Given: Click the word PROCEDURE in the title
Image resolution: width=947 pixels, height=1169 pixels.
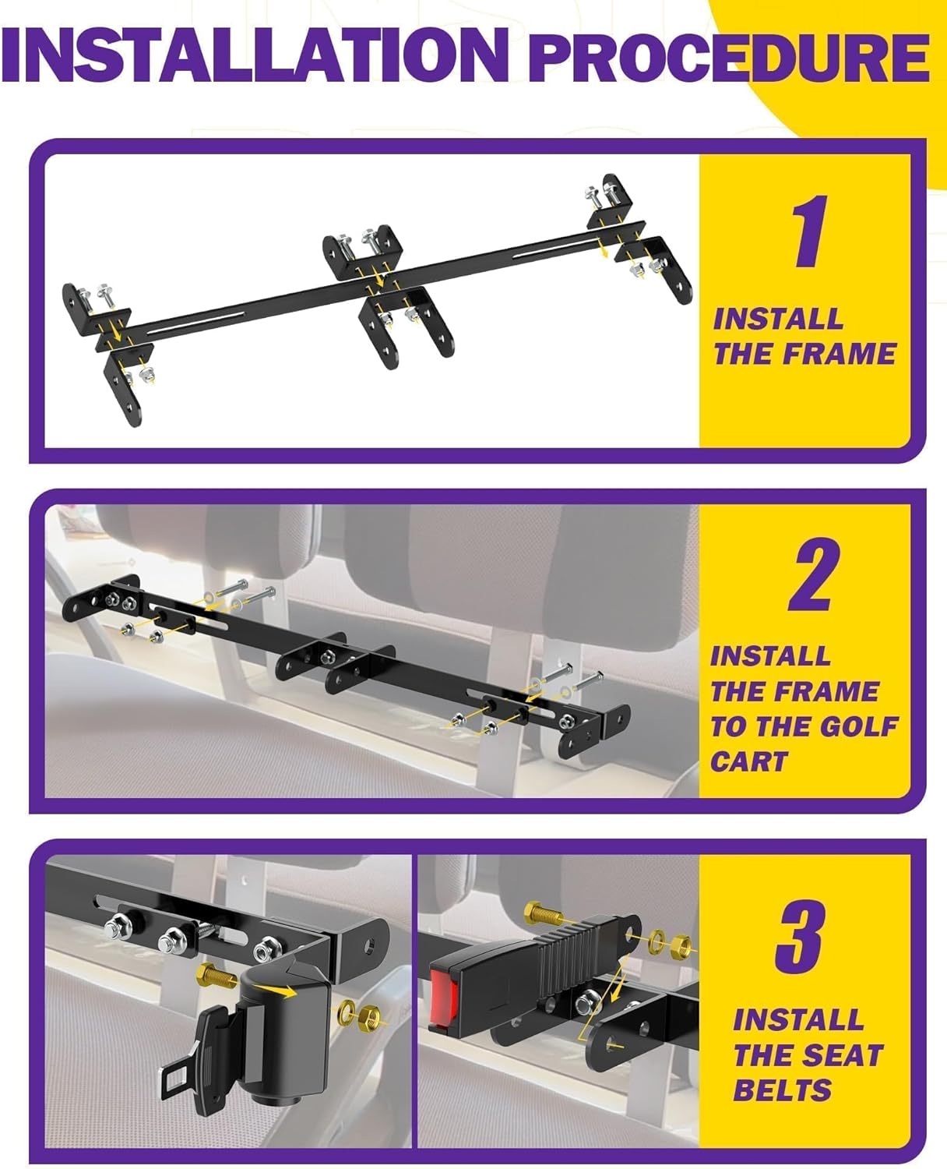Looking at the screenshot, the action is pos(729,57).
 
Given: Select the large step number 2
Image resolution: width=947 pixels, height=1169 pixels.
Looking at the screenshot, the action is pos(814,574).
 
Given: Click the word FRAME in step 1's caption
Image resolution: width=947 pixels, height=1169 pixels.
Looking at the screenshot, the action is pos(839,354).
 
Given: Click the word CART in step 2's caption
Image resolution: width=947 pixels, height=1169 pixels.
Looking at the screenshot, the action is pos(749,761).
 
